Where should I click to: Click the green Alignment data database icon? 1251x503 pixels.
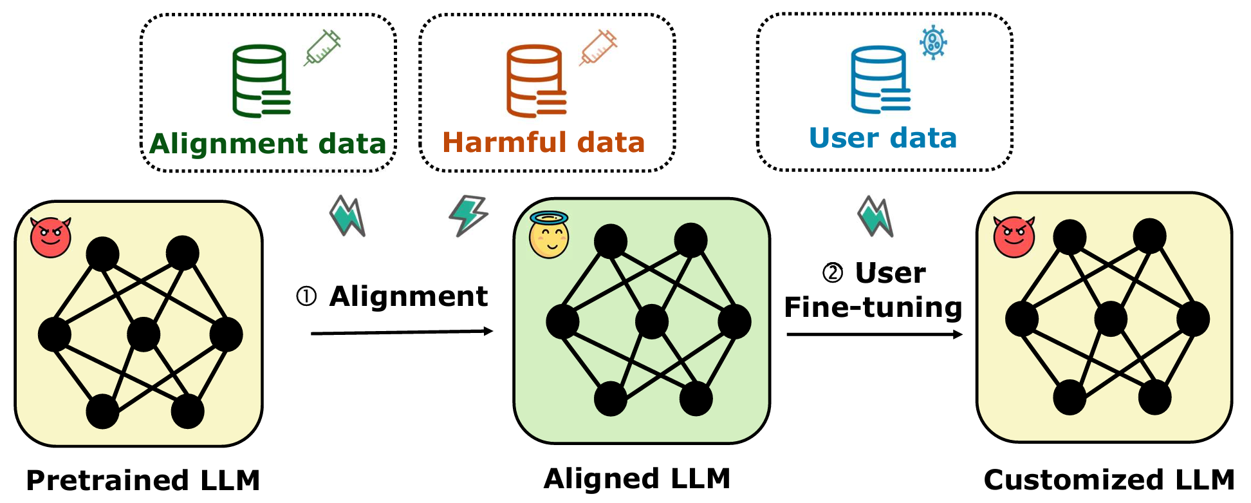pyautogui.click(x=261, y=81)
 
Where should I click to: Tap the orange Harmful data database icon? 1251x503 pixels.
pyautogui.click(x=535, y=81)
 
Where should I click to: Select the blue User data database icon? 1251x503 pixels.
pyautogui.click(x=880, y=79)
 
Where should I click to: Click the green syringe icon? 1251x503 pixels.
pyautogui.click(x=322, y=47)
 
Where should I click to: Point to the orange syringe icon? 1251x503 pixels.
pyautogui.click(x=598, y=47)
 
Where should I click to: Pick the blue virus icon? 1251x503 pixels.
pyautogui.click(x=933, y=43)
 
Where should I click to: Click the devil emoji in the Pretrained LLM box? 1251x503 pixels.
pyautogui.click(x=51, y=237)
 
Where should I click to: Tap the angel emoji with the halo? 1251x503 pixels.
pyautogui.click(x=549, y=235)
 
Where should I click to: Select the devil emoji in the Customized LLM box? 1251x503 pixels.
pyautogui.click(x=1014, y=236)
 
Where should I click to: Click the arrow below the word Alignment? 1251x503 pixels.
pyautogui.click(x=402, y=332)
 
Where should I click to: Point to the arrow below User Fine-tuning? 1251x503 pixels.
pyautogui.click(x=874, y=334)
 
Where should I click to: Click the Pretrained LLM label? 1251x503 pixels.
pyautogui.click(x=143, y=480)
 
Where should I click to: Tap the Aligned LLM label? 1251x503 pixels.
pyautogui.click(x=637, y=479)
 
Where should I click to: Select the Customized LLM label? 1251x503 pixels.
pyautogui.click(x=1109, y=480)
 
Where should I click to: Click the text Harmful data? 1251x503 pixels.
pyautogui.click(x=543, y=142)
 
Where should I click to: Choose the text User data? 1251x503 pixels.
pyautogui.click(x=883, y=138)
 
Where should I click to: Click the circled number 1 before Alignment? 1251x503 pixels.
pyautogui.click(x=306, y=296)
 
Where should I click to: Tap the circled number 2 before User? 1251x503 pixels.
pyautogui.click(x=833, y=272)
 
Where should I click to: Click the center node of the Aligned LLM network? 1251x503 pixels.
pyautogui.click(x=651, y=321)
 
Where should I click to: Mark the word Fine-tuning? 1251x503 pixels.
pyautogui.click(x=873, y=307)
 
